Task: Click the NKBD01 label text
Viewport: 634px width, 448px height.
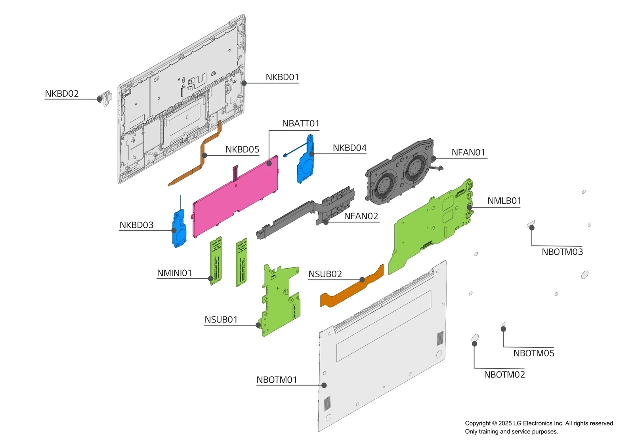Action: click(282, 77)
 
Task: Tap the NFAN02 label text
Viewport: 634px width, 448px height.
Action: click(361, 216)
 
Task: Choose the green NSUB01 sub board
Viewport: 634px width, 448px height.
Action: click(279, 301)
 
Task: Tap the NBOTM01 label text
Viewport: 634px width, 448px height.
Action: click(277, 380)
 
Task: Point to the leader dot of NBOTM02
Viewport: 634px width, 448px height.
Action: click(474, 344)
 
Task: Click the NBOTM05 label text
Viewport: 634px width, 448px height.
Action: click(533, 353)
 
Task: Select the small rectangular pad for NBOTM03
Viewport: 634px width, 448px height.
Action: click(531, 224)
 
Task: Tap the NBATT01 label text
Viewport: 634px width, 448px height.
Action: click(300, 124)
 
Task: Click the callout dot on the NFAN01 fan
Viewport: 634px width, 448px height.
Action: click(433, 158)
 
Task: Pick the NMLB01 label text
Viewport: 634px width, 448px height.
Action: click(504, 201)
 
